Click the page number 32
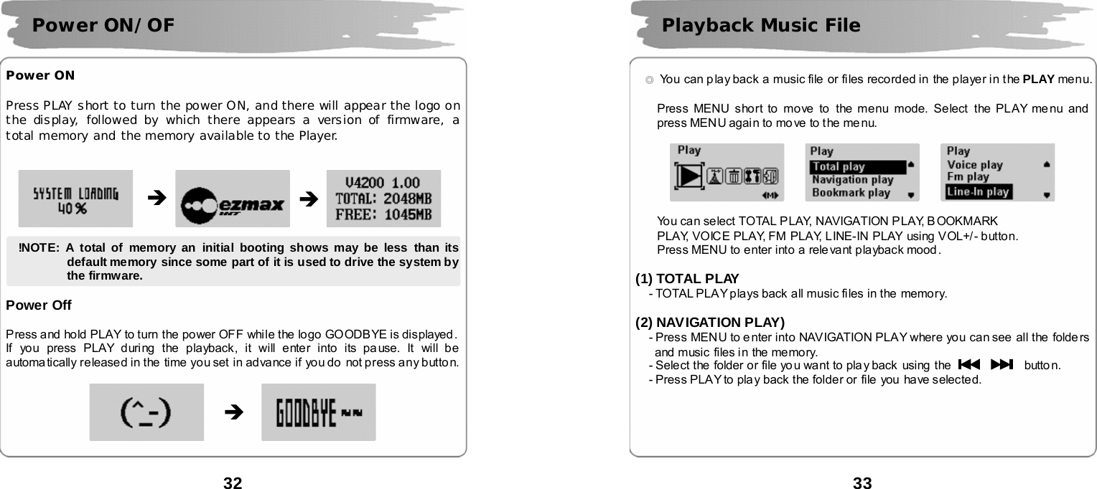(233, 483)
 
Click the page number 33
(862, 483)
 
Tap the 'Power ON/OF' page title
(103, 26)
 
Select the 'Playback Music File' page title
(761, 26)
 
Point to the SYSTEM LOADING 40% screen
(75, 199)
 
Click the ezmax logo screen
(233, 199)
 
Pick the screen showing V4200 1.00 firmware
(383, 199)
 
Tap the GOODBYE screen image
(318, 412)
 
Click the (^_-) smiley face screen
(146, 412)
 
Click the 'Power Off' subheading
(39, 305)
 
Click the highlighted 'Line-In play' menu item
(978, 191)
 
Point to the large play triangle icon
(690, 176)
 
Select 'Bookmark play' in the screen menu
(851, 192)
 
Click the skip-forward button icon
(1001, 365)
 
